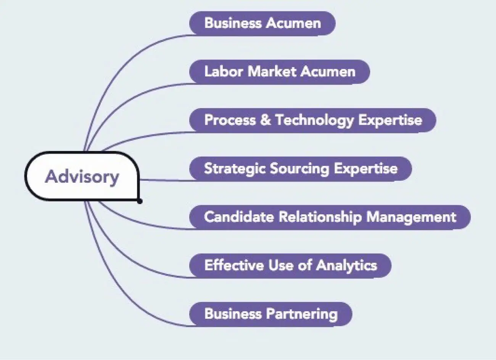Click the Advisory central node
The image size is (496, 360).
(x=82, y=177)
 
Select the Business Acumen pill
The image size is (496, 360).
(x=262, y=23)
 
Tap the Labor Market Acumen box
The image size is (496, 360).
(x=279, y=72)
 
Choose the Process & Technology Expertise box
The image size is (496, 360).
(x=312, y=120)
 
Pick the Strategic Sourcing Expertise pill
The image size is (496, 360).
(x=300, y=169)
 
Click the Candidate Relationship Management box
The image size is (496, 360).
(x=330, y=217)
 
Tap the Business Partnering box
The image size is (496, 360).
(x=271, y=314)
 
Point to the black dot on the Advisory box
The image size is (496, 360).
(x=140, y=201)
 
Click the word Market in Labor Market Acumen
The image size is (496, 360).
(x=272, y=72)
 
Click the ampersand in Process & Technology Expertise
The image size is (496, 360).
(x=265, y=120)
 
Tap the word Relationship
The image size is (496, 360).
(x=320, y=217)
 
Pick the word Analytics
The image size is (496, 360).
(x=346, y=265)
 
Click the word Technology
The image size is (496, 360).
(x=315, y=120)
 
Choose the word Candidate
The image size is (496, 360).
(x=239, y=217)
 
